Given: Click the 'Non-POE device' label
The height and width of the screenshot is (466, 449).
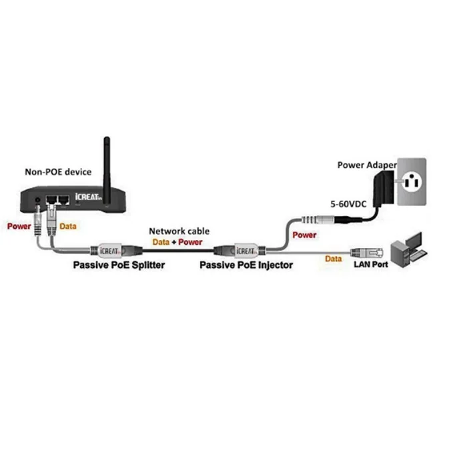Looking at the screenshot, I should [x=58, y=172].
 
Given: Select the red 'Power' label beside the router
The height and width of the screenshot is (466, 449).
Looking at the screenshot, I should [x=19, y=226].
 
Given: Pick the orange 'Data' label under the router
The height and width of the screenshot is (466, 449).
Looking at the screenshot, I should [x=68, y=227].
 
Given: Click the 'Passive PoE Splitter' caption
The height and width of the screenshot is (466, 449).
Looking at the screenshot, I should [x=119, y=265].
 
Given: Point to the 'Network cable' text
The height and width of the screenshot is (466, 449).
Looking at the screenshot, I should [x=174, y=231].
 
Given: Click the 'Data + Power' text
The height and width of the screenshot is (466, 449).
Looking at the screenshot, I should [x=177, y=242].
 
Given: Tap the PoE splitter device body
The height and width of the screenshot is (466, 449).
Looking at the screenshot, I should [x=109, y=251].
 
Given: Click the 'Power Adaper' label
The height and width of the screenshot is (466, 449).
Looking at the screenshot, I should [x=366, y=165].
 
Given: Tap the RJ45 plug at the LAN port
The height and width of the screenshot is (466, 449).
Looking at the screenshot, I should [x=366, y=252].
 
